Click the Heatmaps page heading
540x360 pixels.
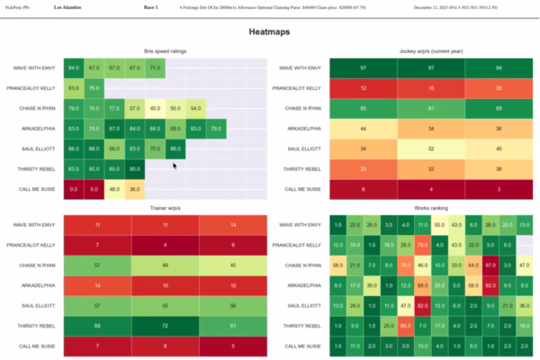(x=270, y=31)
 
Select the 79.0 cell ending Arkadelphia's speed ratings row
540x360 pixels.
(x=216, y=129)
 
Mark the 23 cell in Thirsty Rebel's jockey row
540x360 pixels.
(x=364, y=168)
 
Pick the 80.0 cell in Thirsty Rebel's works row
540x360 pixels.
(x=404, y=326)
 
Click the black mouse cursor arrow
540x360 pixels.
(x=175, y=165)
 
